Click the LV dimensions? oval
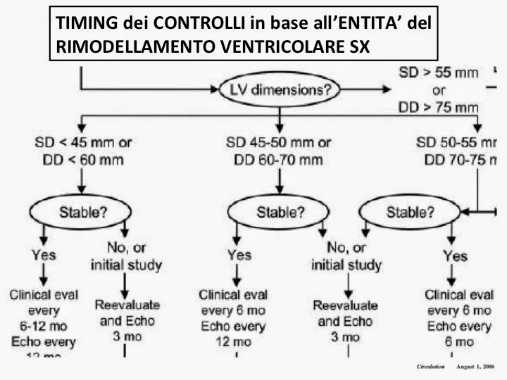click(280, 90)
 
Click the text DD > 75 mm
click(436, 108)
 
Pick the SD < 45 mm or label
click(82, 143)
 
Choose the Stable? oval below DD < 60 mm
click(83, 212)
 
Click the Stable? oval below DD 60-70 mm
click(281, 212)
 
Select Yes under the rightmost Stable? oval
click(455, 255)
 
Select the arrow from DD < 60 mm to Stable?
click(82, 182)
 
